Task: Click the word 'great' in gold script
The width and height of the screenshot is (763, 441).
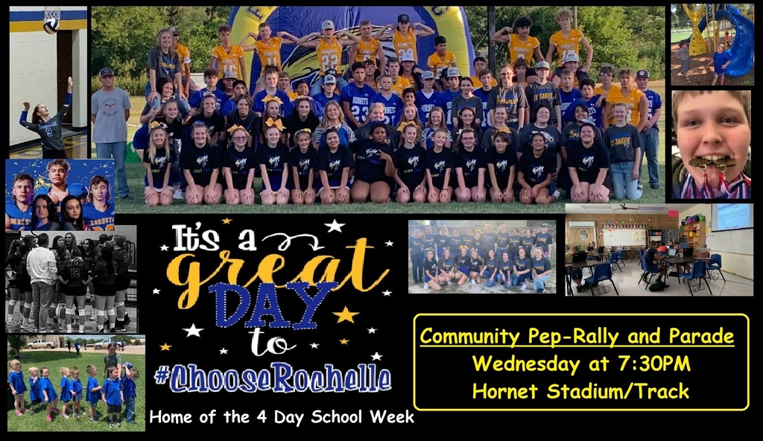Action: pos(277,273)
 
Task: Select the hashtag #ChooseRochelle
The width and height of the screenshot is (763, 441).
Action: pos(273,378)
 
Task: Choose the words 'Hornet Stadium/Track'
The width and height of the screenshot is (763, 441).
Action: pos(580,391)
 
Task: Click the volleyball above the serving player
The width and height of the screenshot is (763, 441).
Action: pos(51,25)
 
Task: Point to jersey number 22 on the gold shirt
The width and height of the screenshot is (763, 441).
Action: pos(330,63)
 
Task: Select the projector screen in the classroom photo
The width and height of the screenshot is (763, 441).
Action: pos(731,217)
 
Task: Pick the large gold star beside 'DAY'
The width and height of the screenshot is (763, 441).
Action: pos(345,315)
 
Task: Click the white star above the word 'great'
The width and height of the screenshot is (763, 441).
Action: pos(335,226)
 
